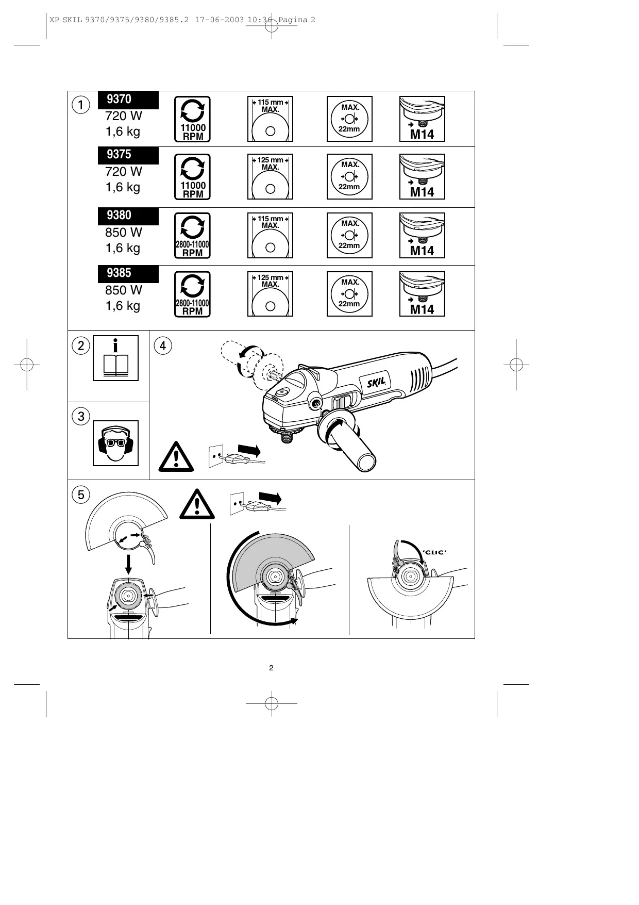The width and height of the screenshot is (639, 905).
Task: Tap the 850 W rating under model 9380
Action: [x=124, y=233]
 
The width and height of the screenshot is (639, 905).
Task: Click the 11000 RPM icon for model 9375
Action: [x=193, y=177]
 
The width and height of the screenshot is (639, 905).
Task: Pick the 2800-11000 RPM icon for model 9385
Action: [x=193, y=294]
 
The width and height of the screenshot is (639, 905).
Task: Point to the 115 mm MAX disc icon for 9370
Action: [x=270, y=119]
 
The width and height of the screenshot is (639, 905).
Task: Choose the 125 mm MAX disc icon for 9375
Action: [x=270, y=176]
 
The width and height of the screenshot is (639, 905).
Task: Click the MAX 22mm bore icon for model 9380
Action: [x=349, y=235]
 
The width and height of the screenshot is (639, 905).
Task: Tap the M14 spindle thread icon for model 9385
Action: [x=422, y=294]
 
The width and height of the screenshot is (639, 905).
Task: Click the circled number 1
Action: [x=81, y=105]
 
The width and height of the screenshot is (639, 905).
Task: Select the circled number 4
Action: [x=163, y=345]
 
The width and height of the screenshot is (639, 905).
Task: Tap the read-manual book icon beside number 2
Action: [x=115, y=358]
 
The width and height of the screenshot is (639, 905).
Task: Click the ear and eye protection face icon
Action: [x=115, y=443]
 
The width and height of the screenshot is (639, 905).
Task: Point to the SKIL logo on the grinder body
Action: [x=379, y=383]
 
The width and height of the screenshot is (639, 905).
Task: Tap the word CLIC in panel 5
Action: [x=434, y=552]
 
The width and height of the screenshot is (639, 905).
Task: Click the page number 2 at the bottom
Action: [x=271, y=668]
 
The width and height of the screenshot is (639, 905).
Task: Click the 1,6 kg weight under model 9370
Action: [x=123, y=131]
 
